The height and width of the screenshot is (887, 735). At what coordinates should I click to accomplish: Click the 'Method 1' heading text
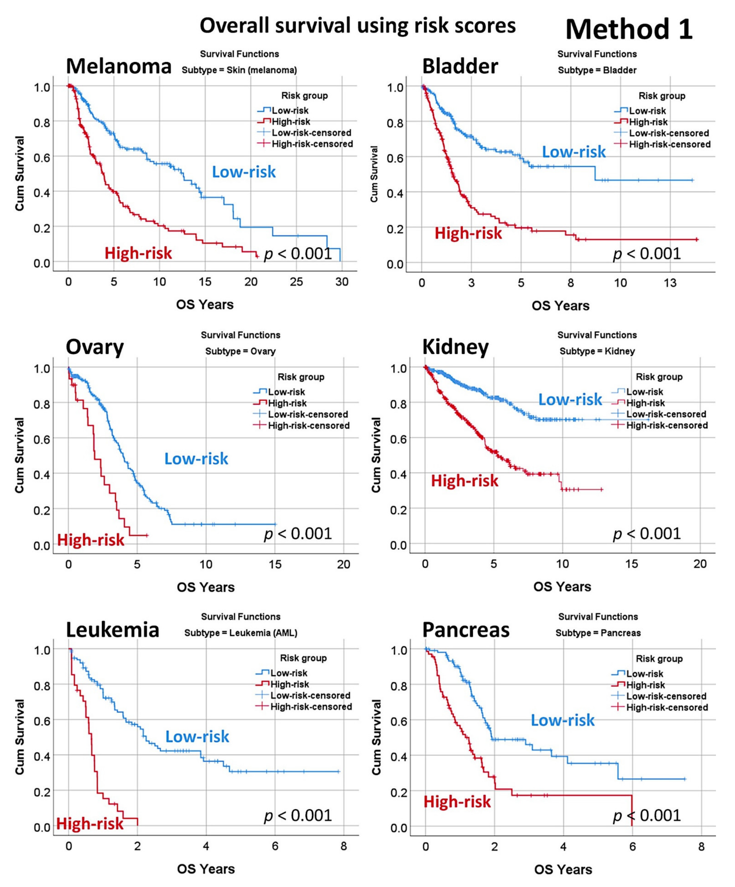[629, 30]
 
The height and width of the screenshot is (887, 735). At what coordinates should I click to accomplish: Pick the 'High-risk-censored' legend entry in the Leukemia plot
[311, 707]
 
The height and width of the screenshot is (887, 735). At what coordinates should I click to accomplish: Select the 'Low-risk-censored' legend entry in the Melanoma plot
[311, 133]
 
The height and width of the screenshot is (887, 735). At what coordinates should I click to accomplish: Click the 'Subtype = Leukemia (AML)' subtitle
[240, 633]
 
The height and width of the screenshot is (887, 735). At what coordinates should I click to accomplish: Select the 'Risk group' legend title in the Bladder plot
[662, 96]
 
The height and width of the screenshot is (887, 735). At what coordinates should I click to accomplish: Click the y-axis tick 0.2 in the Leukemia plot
[42, 792]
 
